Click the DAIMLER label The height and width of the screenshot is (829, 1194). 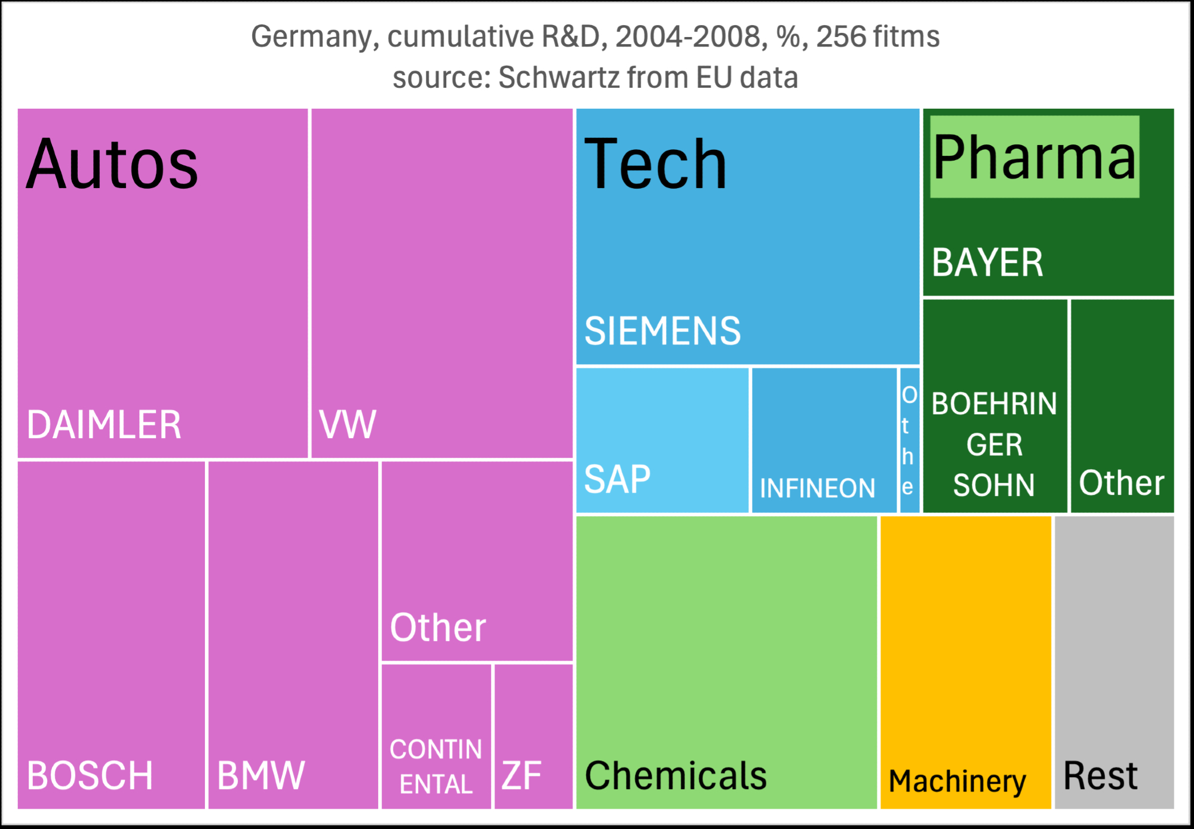104,425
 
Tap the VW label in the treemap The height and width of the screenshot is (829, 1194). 348,425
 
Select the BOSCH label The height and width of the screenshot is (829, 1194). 90,775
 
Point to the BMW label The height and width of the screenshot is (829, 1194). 261,775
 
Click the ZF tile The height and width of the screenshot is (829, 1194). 533,736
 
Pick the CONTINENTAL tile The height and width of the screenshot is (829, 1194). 436,736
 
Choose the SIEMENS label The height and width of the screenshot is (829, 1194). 662,331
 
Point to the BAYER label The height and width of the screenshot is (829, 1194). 987,263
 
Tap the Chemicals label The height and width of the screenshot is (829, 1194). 676,775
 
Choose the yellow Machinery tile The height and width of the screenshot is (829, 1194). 965,662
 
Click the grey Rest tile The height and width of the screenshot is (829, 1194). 1114,662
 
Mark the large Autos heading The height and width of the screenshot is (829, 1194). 112,164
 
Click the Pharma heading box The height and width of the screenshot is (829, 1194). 1035,157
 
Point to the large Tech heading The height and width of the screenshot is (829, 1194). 655,164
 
